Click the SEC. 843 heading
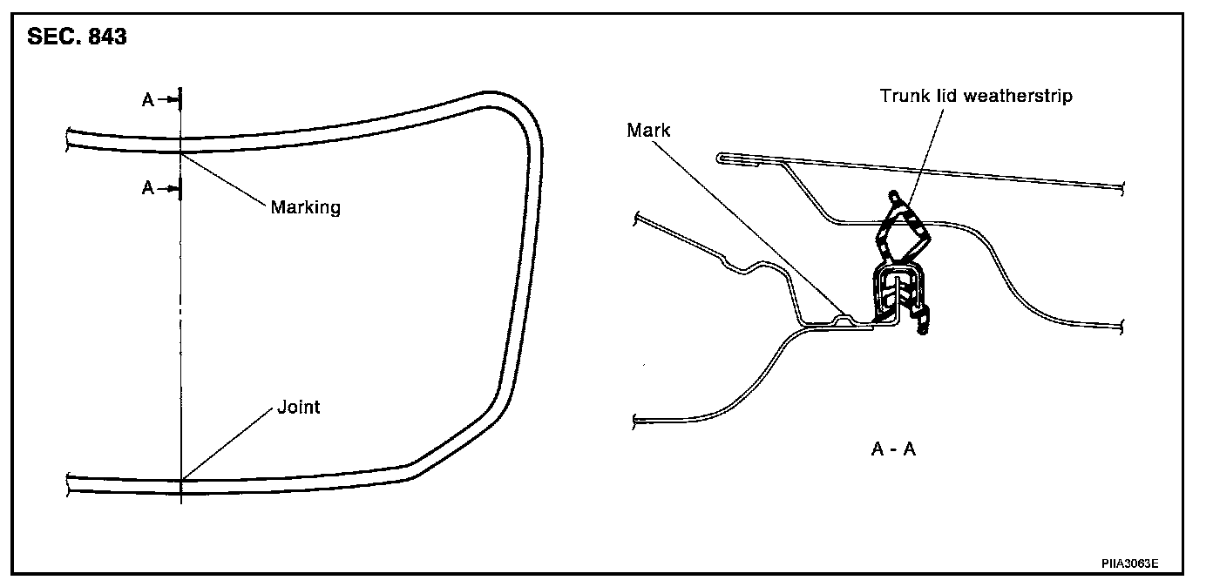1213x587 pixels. click(x=77, y=38)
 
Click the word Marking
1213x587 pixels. click(x=305, y=207)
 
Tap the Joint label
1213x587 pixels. click(x=299, y=407)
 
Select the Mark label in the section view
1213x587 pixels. click(x=648, y=131)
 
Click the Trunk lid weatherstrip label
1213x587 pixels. click(x=976, y=96)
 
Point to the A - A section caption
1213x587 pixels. click(x=893, y=449)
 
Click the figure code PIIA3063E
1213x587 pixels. click(x=1129, y=563)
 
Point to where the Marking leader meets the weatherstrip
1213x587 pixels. click(x=181, y=153)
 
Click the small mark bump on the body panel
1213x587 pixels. click(x=843, y=318)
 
